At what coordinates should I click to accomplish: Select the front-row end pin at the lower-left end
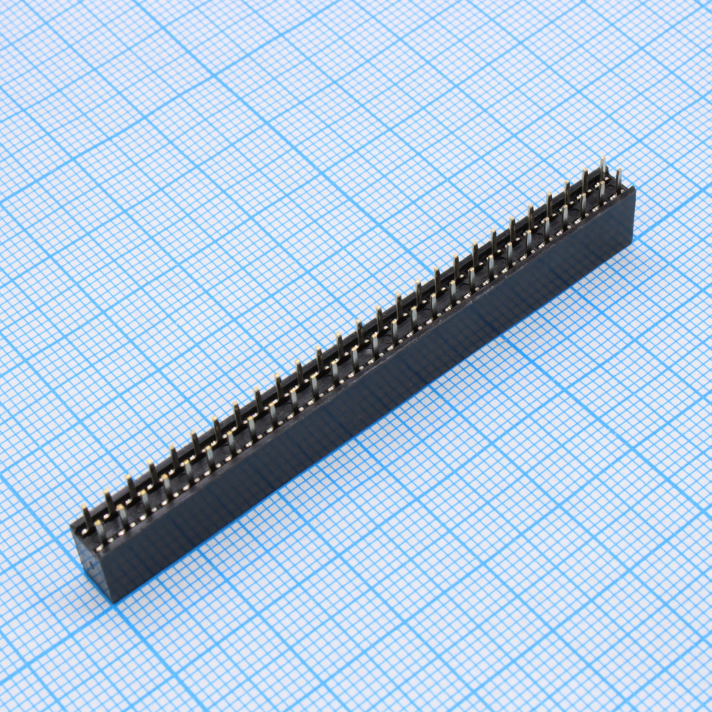pyautogui.click(x=100, y=530)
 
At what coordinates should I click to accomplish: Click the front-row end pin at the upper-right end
pyautogui.click(x=618, y=177)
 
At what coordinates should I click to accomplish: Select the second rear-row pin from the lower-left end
pyautogui.click(x=108, y=500)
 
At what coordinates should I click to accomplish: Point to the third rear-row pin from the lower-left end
pyautogui.click(x=130, y=486)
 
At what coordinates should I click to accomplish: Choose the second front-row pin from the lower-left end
pyautogui.click(x=122, y=515)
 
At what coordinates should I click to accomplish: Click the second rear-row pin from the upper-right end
pyautogui.click(x=585, y=178)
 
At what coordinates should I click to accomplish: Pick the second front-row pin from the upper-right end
pyautogui.click(x=602, y=190)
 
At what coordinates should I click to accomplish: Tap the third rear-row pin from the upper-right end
pyautogui.click(x=567, y=190)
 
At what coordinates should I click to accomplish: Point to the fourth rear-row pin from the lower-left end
pyautogui.click(x=152, y=471)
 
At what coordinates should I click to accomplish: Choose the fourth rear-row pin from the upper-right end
pyautogui.click(x=549, y=202)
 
